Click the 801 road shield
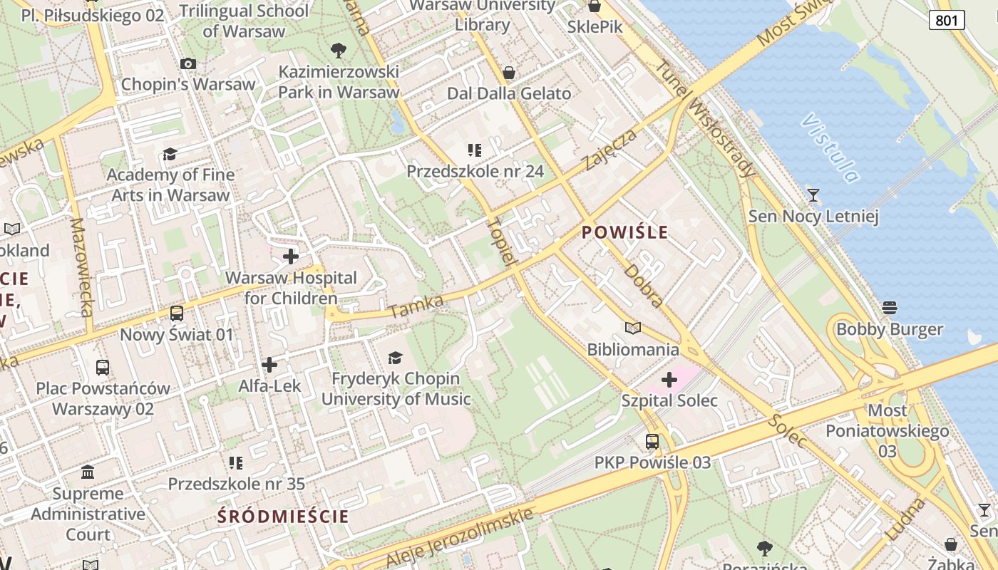pos(947,20)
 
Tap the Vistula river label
pos(830,147)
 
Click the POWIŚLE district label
pos(625,232)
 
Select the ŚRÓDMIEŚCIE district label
pos(283,517)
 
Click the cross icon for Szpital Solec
pos(669,379)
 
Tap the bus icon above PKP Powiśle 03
pos(652,442)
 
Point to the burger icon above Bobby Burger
pos(889,308)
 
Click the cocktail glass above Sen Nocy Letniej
pos(813,195)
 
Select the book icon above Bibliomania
pos(633,328)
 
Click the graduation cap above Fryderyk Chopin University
pos(396,358)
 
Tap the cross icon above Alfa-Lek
pos(269,366)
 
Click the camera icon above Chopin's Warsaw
pos(188,64)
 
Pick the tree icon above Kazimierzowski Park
pos(339,51)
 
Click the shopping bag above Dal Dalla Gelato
pos(509,73)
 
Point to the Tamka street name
pos(418,306)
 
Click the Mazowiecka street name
pos(82,267)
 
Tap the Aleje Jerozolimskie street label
pos(460,538)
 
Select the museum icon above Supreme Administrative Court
pos(88,472)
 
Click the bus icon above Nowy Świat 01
pos(176,313)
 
